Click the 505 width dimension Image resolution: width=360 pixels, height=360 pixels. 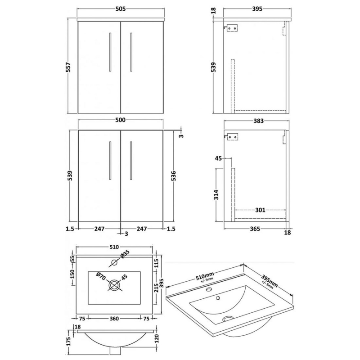[x=120, y=9]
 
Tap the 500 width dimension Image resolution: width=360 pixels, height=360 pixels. [x=120, y=120]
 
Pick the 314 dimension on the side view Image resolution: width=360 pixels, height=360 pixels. [x=217, y=195]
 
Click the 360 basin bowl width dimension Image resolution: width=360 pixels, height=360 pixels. [x=113, y=319]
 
